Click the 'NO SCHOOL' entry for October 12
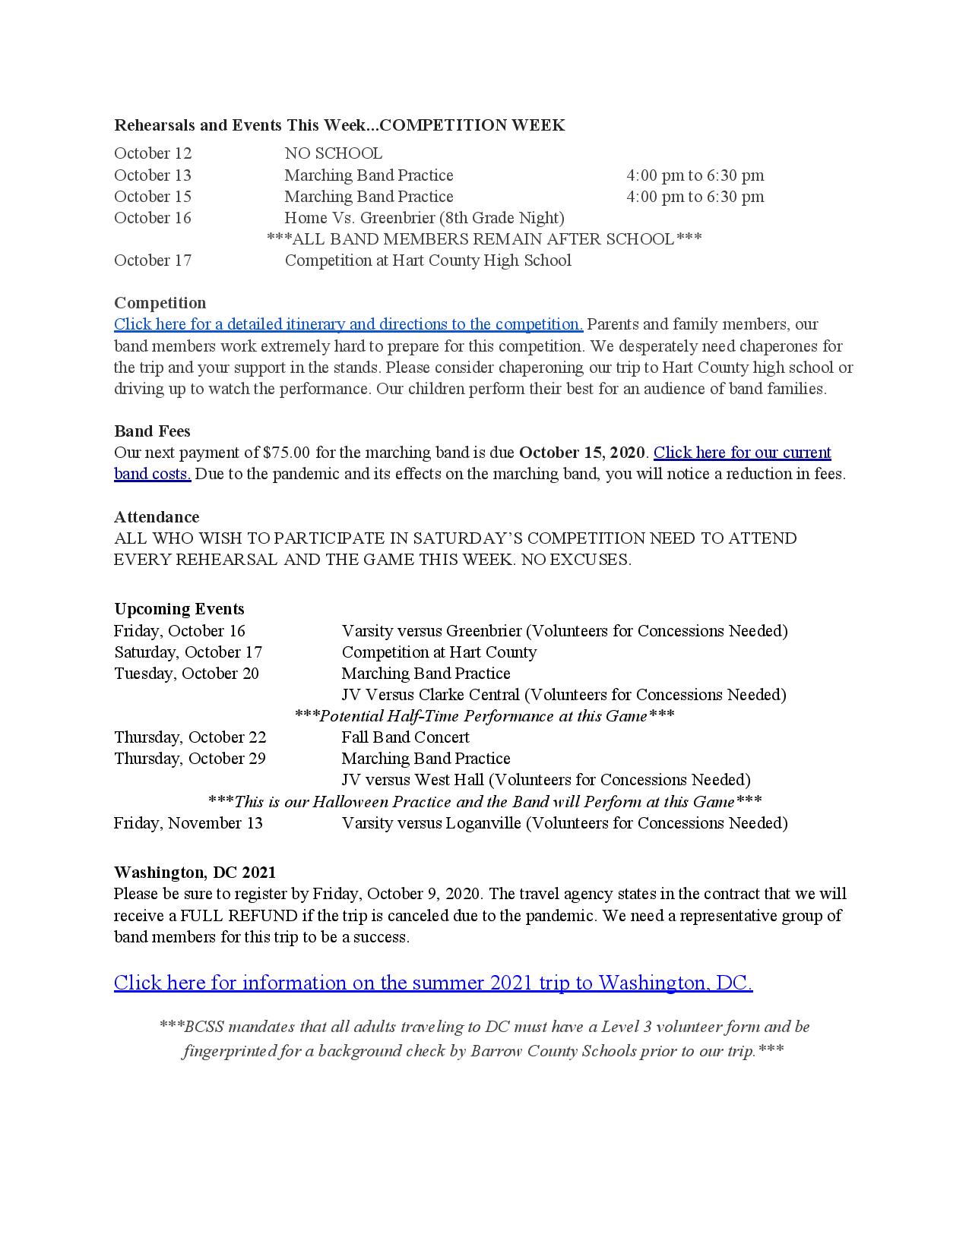coord(333,154)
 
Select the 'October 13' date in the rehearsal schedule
coord(153,175)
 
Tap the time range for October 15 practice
coord(695,197)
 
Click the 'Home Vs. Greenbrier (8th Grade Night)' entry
coord(424,218)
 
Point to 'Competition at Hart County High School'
coord(428,260)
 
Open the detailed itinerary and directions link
coord(348,324)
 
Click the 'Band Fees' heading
coord(152,431)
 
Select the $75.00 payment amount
coord(287,453)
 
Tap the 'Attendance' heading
coord(157,517)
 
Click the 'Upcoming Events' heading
coord(179,609)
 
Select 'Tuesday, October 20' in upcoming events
coord(186,674)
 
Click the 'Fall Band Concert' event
coord(405,737)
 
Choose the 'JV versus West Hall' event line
coord(546,780)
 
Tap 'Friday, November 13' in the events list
coord(188,823)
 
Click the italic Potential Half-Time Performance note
coord(484,716)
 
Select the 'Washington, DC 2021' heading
coord(195,872)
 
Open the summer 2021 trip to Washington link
coord(433,983)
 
